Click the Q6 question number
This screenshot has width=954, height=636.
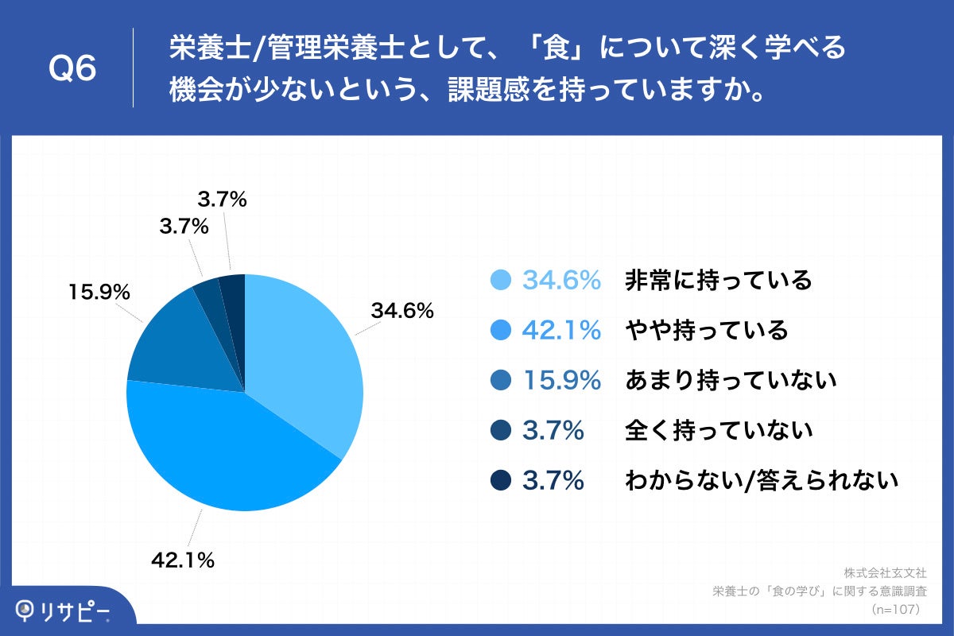coord(72,70)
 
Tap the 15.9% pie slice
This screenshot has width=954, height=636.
coord(179,350)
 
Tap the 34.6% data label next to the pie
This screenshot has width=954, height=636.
coord(401,311)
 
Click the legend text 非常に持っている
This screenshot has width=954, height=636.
coord(718,280)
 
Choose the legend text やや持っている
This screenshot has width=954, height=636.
coord(706,330)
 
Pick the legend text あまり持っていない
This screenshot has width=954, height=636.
coord(730,381)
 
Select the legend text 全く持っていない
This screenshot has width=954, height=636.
coord(718,431)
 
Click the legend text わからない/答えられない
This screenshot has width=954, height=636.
coord(761,481)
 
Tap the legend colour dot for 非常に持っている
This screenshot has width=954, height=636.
coord(501,280)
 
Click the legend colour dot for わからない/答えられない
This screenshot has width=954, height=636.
coord(501,481)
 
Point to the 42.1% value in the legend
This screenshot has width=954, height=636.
coord(560,330)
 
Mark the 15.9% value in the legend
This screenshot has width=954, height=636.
coord(560,381)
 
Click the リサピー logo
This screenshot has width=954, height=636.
coord(64,611)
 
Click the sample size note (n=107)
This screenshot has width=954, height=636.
coord(895,609)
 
